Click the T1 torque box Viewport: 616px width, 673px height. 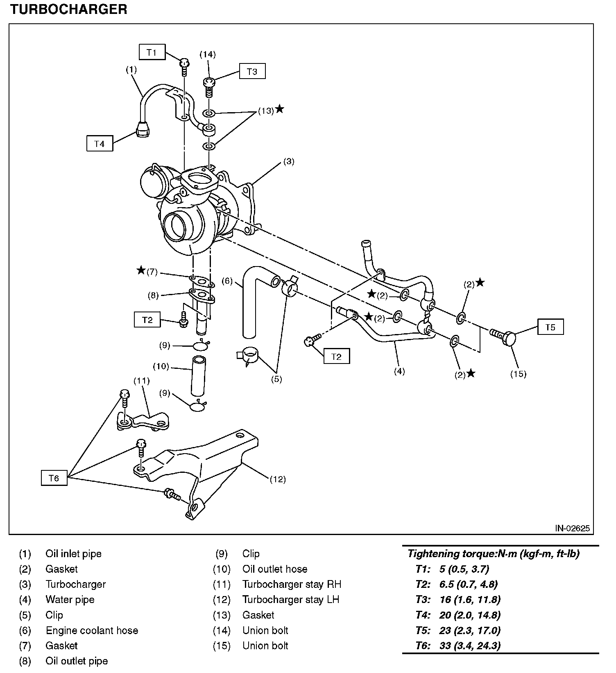tap(152, 52)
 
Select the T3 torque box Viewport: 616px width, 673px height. tap(252, 72)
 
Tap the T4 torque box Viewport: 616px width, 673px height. tap(100, 144)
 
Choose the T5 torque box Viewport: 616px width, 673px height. tap(550, 327)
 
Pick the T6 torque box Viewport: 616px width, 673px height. tap(54, 478)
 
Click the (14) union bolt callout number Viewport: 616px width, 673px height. tap(208, 54)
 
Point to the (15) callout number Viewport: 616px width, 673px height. tap(518, 374)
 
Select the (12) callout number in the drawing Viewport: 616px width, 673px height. tap(277, 479)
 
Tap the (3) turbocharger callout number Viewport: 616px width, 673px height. tap(289, 162)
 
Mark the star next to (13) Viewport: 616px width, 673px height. tap(280, 109)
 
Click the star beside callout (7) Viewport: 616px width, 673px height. tap(141, 270)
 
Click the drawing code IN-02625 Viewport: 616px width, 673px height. tap(572, 528)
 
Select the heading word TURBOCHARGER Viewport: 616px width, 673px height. tap(68, 9)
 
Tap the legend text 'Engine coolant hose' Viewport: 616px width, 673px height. tap(92, 630)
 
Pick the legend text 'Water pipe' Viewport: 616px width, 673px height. tap(70, 600)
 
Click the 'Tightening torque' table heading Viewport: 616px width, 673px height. tap(493, 554)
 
